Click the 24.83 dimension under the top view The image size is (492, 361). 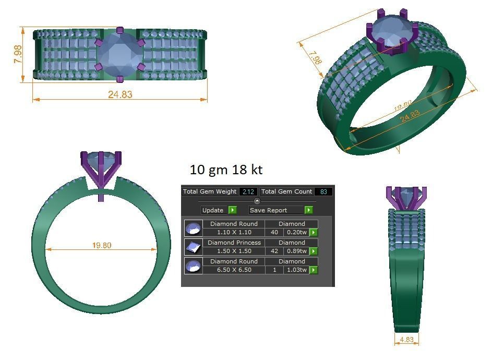pyautogui.click(x=120, y=94)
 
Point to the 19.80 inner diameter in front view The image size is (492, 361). pyautogui.click(x=101, y=245)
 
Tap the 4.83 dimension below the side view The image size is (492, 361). pyautogui.click(x=406, y=340)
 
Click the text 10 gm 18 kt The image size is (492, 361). pyautogui.click(x=226, y=170)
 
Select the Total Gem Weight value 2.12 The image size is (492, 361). pyautogui.click(x=248, y=192)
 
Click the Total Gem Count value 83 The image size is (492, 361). pyautogui.click(x=323, y=192)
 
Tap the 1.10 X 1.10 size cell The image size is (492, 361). pyautogui.click(x=234, y=233)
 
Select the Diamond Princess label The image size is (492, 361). pyautogui.click(x=234, y=243)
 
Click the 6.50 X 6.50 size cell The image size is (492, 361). pyautogui.click(x=234, y=270)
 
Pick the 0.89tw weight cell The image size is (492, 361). pyautogui.click(x=296, y=251)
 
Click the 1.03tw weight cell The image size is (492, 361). pyautogui.click(x=296, y=270)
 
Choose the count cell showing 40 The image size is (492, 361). pyautogui.click(x=274, y=233)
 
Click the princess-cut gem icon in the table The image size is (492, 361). pyautogui.click(x=194, y=247)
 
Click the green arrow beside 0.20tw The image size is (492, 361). pyautogui.click(x=314, y=233)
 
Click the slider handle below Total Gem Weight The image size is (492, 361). pyautogui.click(x=257, y=201)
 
